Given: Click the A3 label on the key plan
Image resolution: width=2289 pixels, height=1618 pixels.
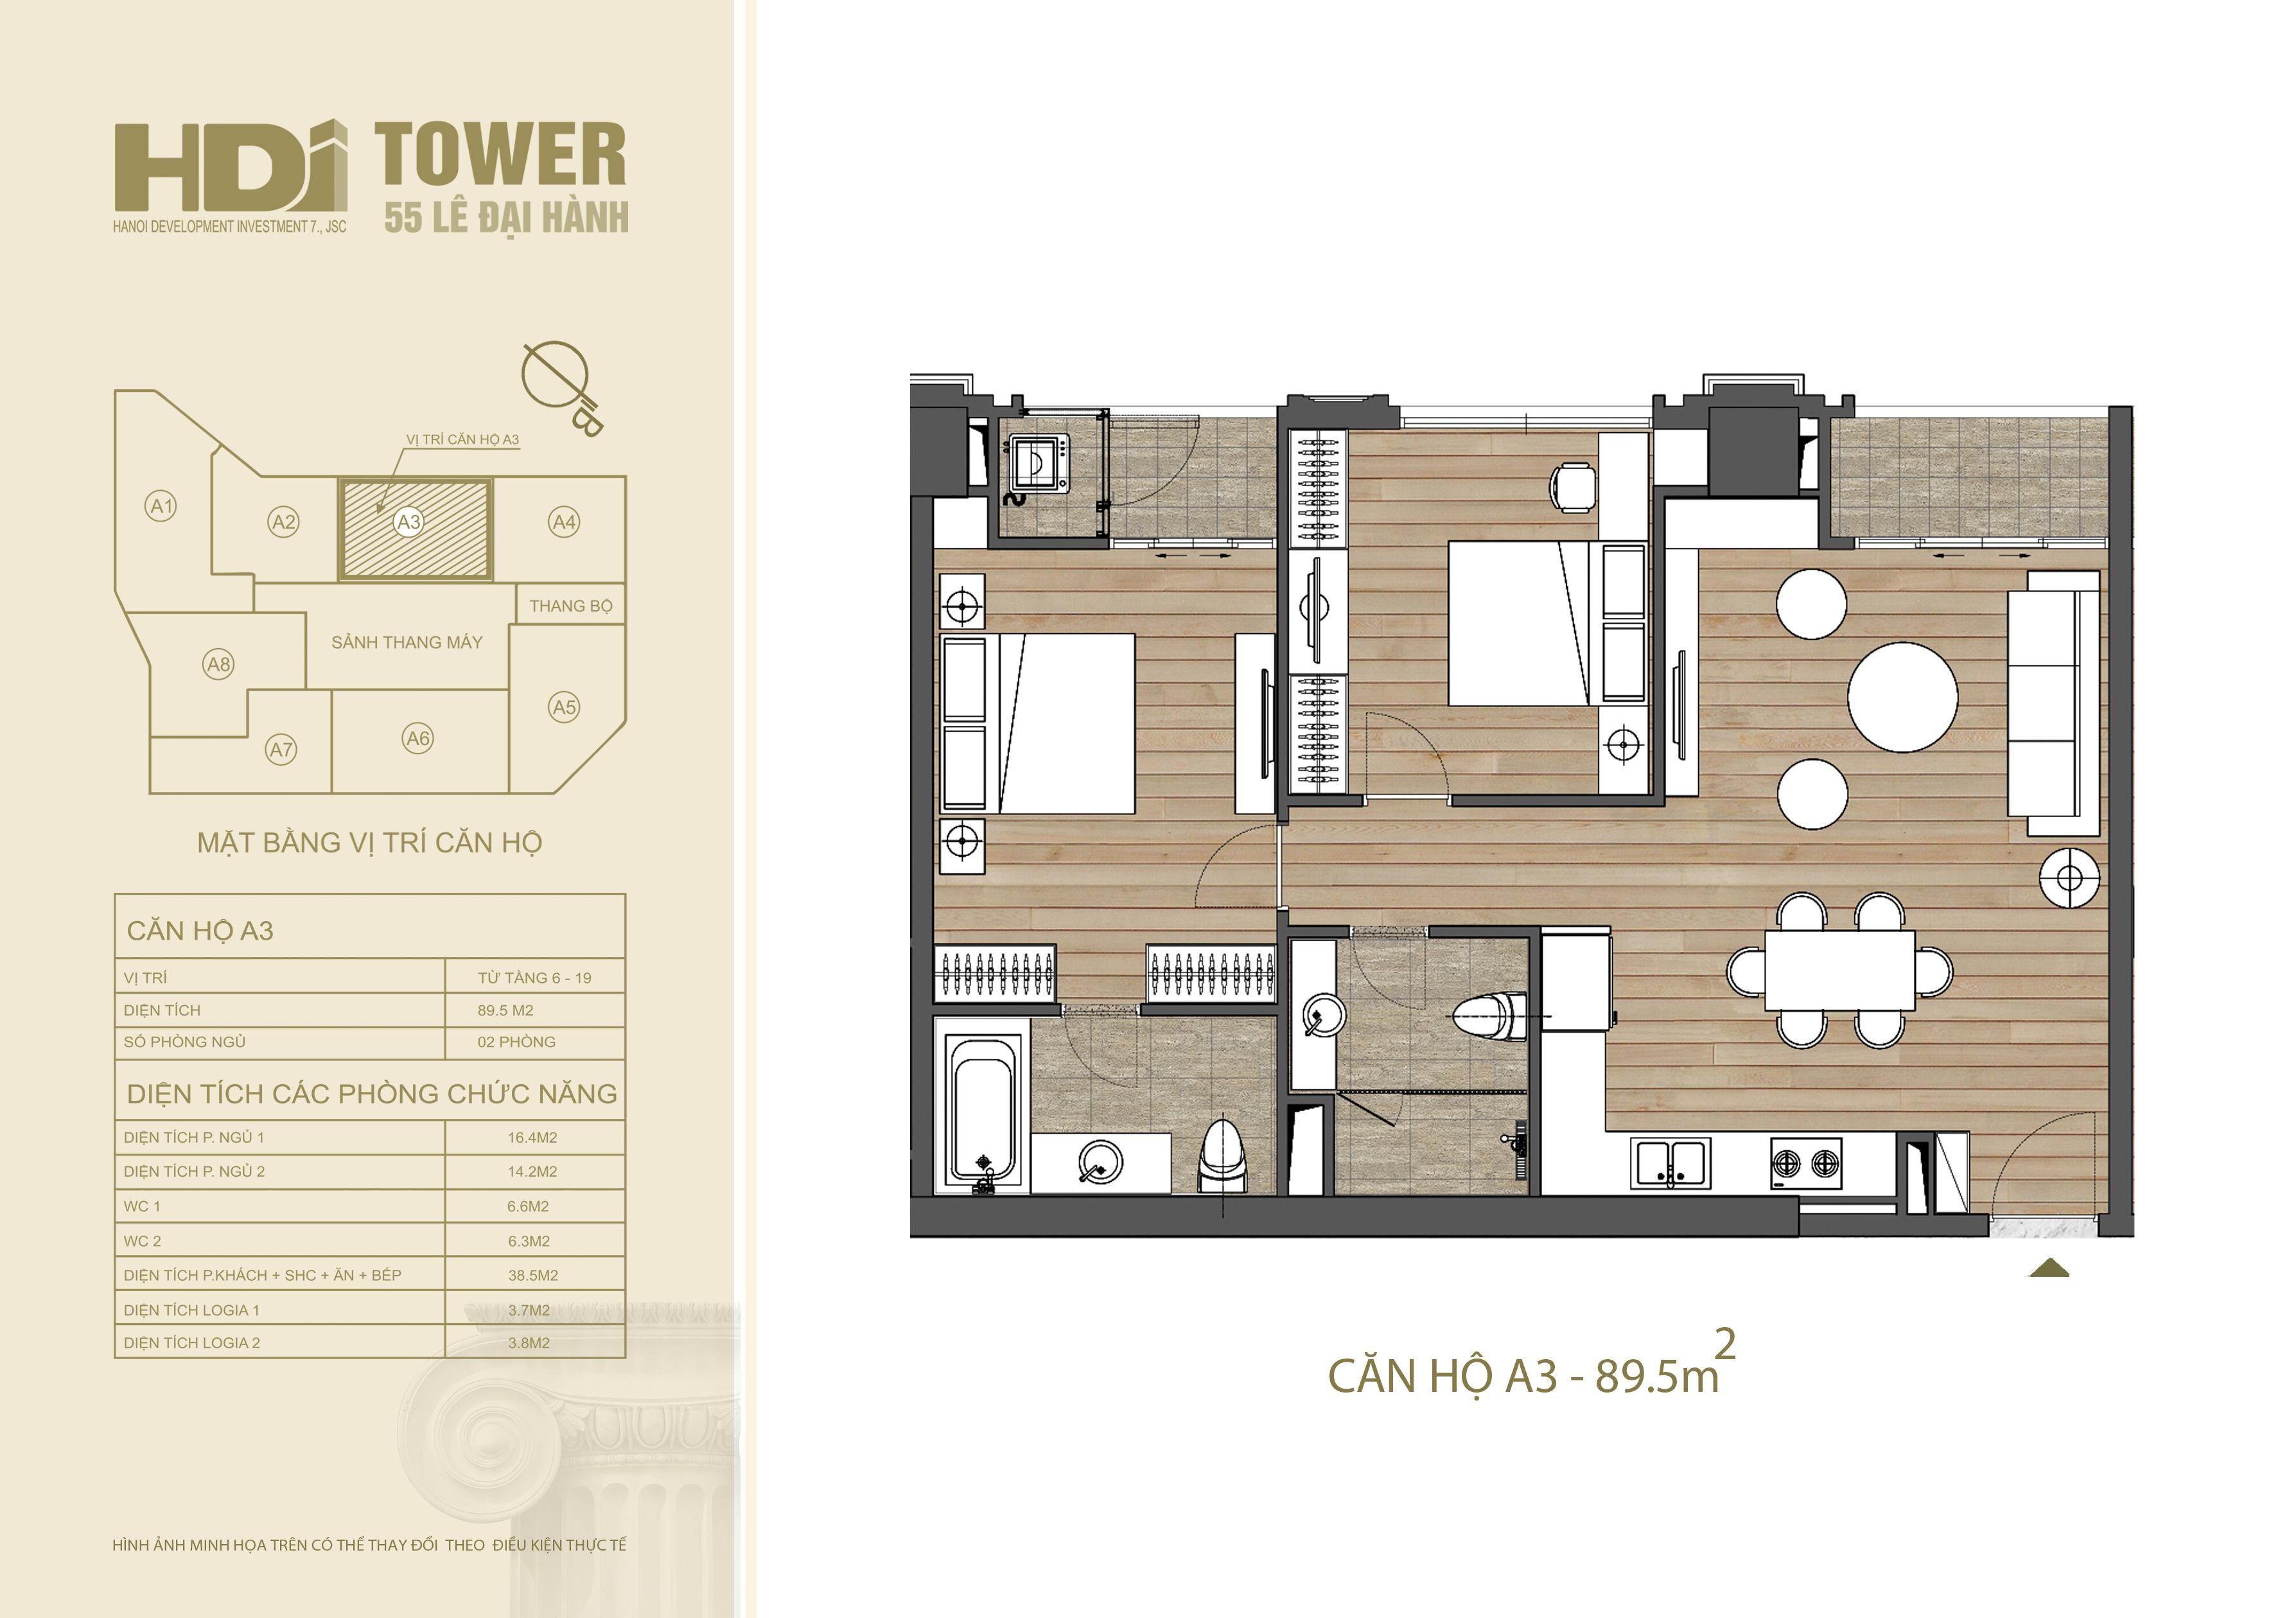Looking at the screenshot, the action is point(408,522).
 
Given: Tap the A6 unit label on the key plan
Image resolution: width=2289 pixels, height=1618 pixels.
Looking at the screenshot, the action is point(417,739).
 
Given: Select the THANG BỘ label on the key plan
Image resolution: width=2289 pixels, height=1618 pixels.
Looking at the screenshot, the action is point(570,606).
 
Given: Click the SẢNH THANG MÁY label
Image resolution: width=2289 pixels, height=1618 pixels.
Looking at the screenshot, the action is point(407,643).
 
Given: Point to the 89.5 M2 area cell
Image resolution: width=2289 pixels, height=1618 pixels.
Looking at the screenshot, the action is point(505,1010).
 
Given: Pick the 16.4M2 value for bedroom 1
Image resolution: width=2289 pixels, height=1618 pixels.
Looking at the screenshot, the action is point(532,1138).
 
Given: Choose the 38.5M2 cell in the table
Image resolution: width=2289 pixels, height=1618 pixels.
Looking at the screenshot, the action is point(533,1275).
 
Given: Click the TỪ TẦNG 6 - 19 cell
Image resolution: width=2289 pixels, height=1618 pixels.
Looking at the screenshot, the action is point(534,978).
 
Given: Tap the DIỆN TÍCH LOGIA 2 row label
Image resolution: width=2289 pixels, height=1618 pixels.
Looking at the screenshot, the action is point(191,1343).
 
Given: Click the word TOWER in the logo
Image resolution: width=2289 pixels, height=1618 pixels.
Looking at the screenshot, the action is point(500,155).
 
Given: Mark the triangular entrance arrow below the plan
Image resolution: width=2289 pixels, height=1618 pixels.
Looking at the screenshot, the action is point(2049,1267).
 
